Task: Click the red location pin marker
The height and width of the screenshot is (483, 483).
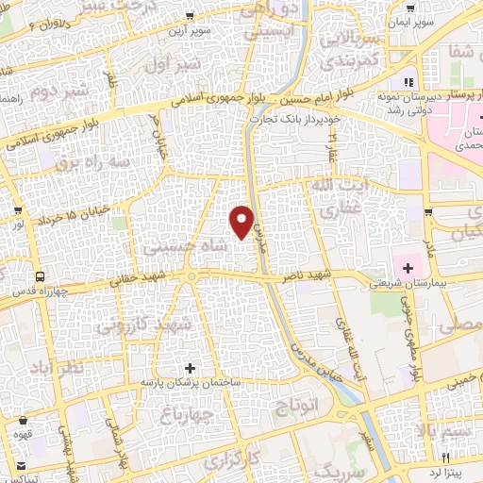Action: point(242,221)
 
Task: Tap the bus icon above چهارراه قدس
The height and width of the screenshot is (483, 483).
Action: point(41,276)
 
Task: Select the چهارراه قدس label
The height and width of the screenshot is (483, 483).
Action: point(42,291)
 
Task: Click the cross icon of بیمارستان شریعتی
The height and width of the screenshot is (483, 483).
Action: point(408,269)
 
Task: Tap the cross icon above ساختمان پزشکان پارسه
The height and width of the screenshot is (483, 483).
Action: point(192,367)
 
